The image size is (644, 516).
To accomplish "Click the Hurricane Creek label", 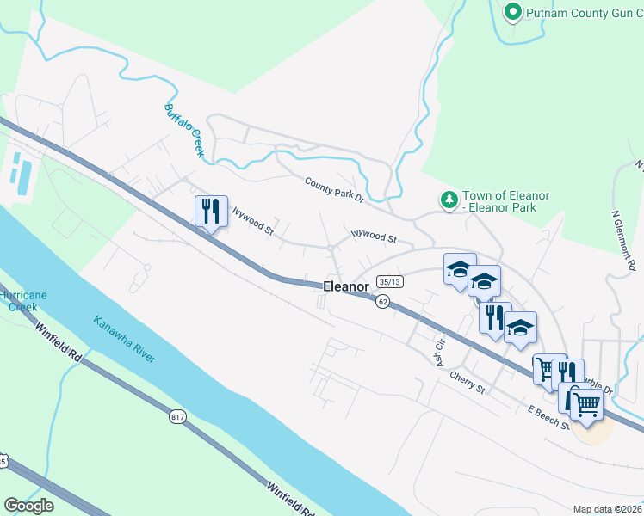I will [x=22, y=300].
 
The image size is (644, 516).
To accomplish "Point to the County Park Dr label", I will [x=334, y=189].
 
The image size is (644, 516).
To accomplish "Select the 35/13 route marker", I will [x=389, y=281].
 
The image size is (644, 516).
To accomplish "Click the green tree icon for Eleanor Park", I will [x=448, y=200].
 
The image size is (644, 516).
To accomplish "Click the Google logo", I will [x=28, y=506].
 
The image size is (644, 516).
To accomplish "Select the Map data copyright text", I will [x=607, y=509].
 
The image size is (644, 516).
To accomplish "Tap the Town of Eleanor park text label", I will [x=505, y=202].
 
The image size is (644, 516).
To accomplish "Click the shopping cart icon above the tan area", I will [x=586, y=403].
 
